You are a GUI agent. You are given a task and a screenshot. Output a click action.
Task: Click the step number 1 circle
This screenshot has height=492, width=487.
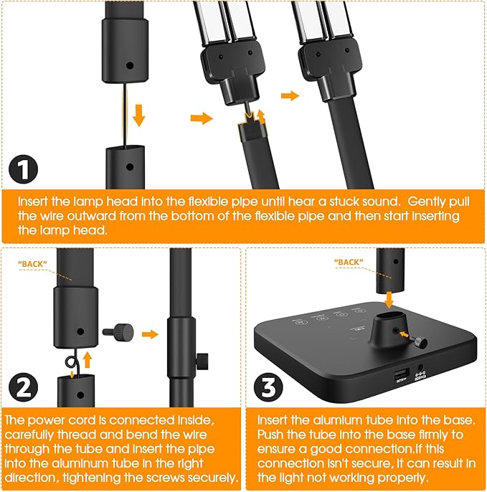[x=23, y=169]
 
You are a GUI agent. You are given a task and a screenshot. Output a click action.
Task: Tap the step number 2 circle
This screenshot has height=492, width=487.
[x=23, y=387]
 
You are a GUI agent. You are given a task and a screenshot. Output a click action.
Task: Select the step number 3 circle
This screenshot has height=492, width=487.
[x=268, y=387]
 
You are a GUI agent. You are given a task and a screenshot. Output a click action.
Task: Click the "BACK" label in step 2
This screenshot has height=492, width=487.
[x=33, y=264]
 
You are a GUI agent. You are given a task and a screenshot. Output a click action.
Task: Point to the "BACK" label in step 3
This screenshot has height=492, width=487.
[x=349, y=262]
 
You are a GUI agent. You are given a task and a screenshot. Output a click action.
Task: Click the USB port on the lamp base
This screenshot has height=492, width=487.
[x=402, y=374]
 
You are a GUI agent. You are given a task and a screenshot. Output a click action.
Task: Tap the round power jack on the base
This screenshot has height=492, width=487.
[x=420, y=368]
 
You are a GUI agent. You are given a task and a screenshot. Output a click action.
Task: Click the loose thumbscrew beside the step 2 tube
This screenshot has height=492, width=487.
[x=118, y=332]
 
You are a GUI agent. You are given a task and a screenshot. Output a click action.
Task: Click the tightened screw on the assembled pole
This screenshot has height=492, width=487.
[x=202, y=361]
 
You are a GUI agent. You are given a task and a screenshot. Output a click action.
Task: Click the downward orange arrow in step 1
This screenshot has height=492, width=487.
[x=138, y=115]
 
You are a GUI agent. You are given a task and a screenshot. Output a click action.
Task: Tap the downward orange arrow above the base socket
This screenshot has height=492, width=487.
[x=389, y=300]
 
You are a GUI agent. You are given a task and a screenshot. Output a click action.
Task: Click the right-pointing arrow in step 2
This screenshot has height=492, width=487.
[x=150, y=334]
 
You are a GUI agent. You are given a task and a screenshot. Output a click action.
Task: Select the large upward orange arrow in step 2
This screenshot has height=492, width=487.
[x=88, y=360]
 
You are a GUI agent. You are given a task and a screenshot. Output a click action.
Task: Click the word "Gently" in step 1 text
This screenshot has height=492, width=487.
[x=427, y=202]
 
